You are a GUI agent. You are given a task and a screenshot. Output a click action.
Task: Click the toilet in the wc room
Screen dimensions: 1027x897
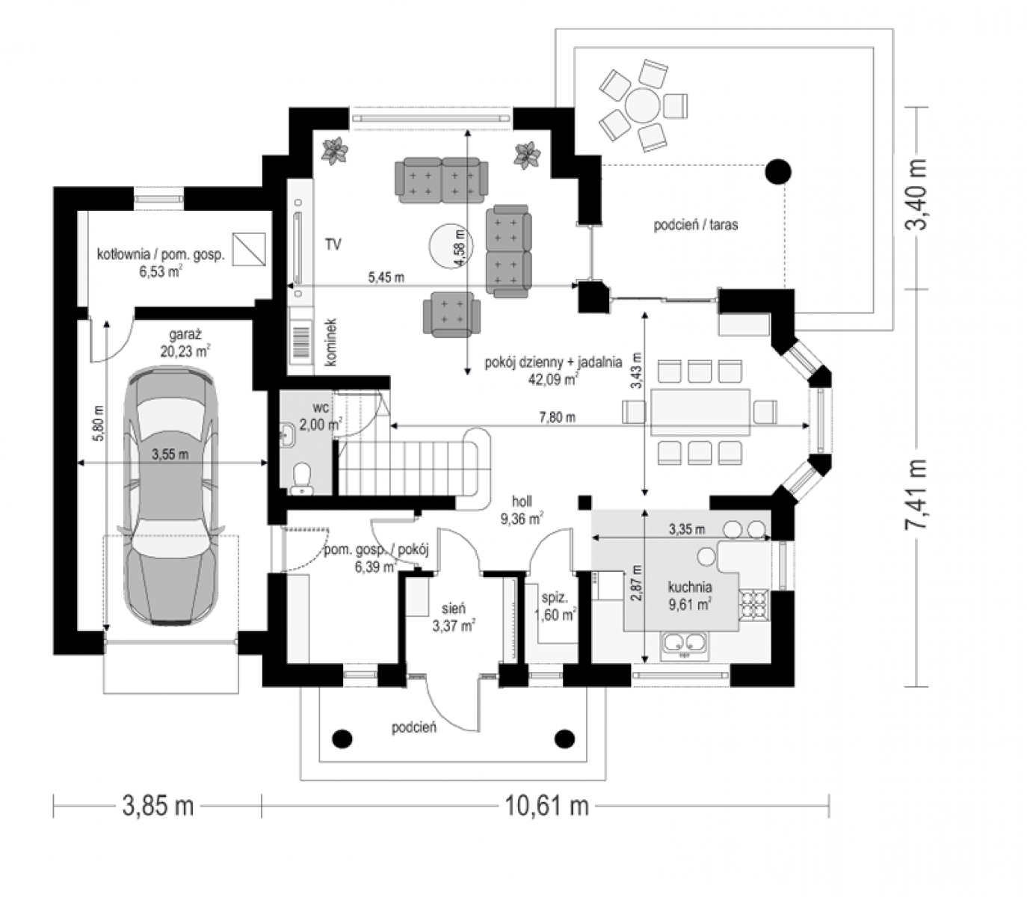tap(302, 477)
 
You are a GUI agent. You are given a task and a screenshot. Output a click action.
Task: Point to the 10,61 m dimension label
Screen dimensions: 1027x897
tap(546, 806)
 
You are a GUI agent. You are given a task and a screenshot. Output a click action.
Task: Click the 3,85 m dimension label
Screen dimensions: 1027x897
tap(158, 806)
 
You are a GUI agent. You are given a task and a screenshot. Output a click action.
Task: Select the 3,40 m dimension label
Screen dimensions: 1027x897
tap(916, 194)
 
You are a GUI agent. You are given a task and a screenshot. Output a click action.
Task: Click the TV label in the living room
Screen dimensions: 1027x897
tap(333, 244)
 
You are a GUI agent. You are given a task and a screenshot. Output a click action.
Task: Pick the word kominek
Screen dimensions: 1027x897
tap(331, 342)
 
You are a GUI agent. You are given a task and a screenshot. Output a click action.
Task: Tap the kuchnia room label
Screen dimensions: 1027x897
tap(690, 587)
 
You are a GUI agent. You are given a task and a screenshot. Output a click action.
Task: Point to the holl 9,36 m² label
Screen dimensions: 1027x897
tap(522, 510)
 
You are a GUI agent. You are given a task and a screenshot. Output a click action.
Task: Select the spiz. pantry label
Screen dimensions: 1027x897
tap(555, 598)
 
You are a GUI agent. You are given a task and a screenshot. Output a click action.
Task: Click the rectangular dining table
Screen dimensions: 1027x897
tap(700, 412)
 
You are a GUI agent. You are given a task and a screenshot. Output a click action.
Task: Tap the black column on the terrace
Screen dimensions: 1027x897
tap(777, 171)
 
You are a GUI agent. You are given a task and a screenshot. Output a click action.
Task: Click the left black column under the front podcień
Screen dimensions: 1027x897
tap(342, 739)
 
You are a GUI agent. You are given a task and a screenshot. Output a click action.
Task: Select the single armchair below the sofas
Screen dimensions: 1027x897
tap(451, 314)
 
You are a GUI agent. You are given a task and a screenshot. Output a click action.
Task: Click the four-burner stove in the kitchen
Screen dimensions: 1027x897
tap(754, 605)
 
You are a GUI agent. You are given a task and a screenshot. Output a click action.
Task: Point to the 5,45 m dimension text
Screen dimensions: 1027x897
tap(386, 277)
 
